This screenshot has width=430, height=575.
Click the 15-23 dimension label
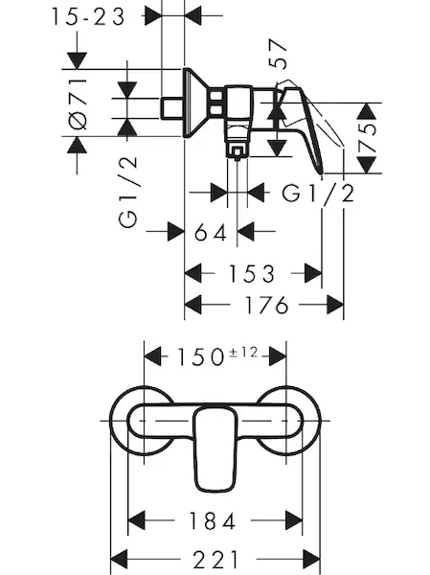coord(88,17)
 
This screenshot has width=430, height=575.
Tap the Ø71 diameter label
coord(79,103)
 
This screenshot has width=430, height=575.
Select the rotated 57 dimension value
coord(278,54)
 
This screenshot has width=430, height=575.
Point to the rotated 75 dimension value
coord(367,138)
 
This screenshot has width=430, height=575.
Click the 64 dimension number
coord(211,232)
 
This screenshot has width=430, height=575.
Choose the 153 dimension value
coord(252,274)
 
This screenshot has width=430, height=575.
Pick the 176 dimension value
coord(266,305)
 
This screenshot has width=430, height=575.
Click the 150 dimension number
coord(200,357)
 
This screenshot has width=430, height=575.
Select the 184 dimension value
coord(212,520)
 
